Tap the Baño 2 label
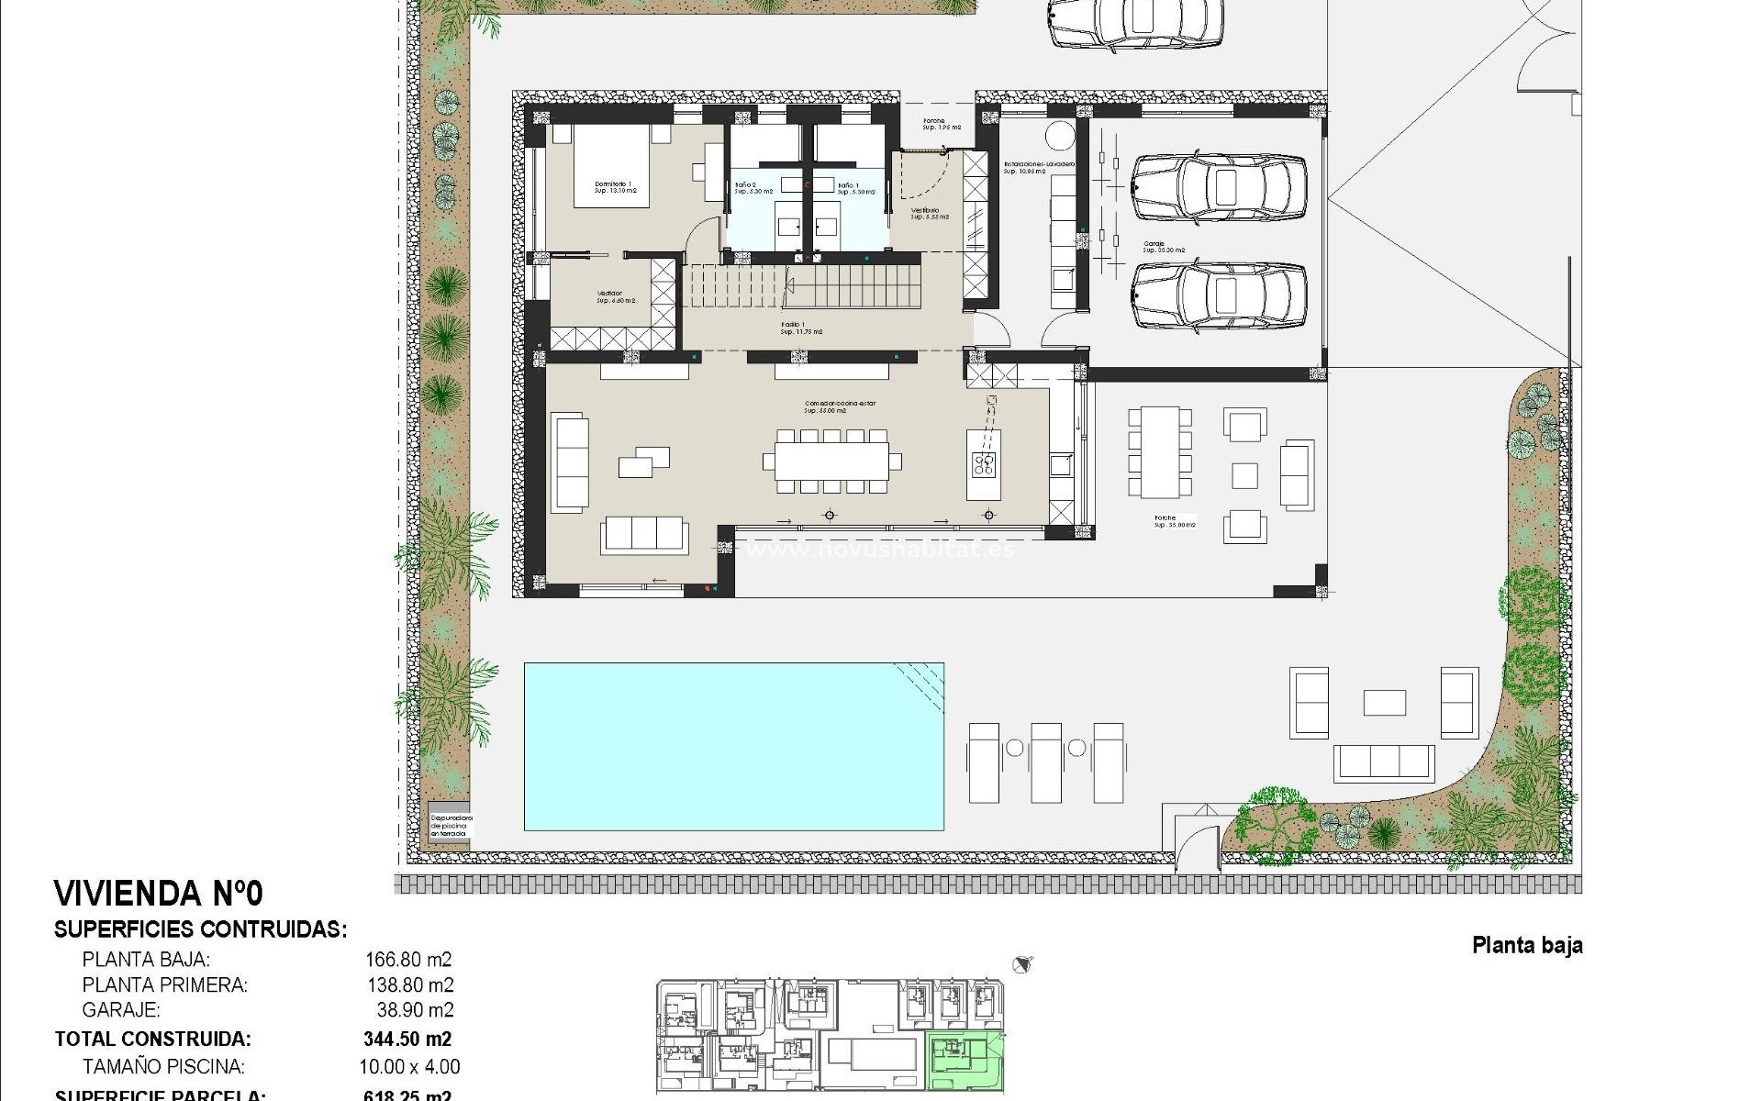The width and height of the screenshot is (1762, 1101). [753, 189]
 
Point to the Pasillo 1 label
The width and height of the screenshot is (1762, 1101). [801, 328]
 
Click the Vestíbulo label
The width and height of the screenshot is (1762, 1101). [929, 214]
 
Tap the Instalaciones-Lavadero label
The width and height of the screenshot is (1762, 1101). [1038, 167]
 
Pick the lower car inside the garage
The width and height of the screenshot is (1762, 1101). [1219, 295]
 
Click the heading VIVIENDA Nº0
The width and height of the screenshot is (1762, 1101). [159, 894]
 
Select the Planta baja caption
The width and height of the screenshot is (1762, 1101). [1527, 945]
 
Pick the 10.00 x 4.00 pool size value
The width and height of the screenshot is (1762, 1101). [410, 1067]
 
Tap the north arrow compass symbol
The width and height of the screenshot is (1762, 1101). [1023, 962]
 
